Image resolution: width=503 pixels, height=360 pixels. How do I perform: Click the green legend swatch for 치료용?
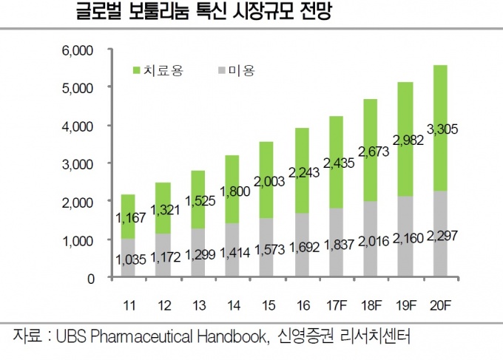[x=136, y=71]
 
